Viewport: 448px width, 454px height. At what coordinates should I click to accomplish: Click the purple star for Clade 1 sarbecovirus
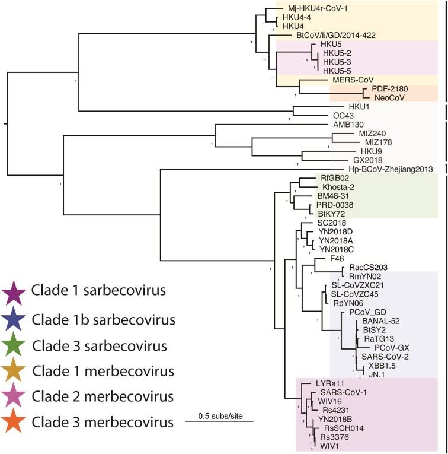coord(14,292)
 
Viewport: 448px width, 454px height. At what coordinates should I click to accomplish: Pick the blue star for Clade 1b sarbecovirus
coord(14,319)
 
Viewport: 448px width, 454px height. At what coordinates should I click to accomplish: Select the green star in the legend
coord(14,345)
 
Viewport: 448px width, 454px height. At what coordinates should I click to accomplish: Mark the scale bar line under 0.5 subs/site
coord(219,421)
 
